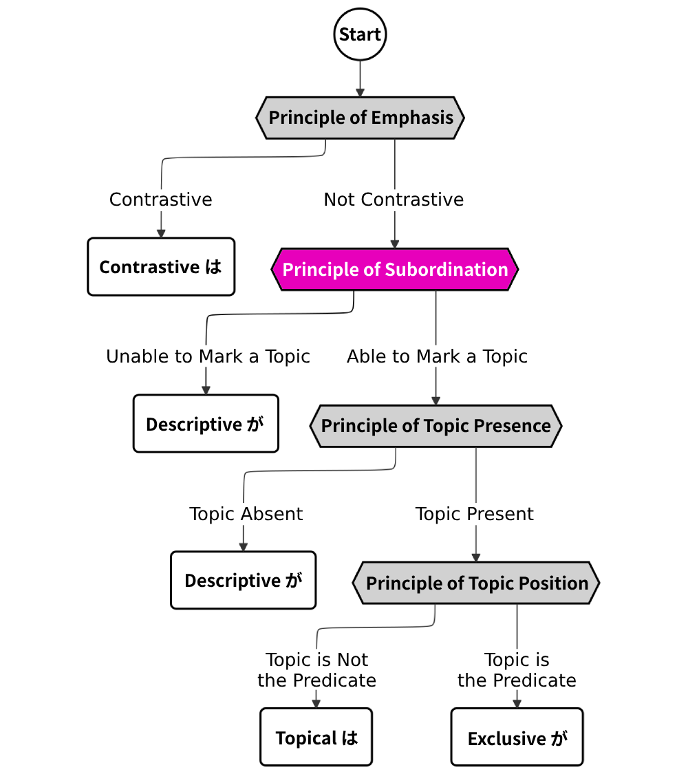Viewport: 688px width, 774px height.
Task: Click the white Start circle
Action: (x=360, y=34)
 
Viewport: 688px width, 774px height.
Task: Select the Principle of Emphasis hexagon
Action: (x=360, y=118)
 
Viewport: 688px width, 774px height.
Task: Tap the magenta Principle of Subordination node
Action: (x=394, y=269)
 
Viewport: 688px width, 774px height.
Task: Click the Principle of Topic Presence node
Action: (x=436, y=426)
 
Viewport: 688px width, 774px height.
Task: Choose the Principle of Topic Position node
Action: (x=476, y=583)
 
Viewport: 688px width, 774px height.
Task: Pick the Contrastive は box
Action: (x=161, y=267)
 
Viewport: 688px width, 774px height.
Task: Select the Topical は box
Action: (x=316, y=738)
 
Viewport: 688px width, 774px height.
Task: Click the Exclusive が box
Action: (x=517, y=738)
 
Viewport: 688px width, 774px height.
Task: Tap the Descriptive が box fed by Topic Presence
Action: (x=243, y=580)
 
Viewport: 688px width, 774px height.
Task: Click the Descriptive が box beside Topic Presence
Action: (x=206, y=424)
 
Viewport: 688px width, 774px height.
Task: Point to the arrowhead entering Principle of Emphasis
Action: (x=360, y=93)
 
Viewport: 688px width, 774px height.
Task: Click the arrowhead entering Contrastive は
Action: (x=161, y=234)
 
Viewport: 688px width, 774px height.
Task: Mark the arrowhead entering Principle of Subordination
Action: (x=394, y=244)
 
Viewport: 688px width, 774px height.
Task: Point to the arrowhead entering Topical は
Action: (x=316, y=703)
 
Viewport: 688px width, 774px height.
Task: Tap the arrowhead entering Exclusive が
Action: (x=517, y=703)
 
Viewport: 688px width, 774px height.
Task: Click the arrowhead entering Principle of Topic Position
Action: (x=475, y=557)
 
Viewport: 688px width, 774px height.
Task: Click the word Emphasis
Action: (x=412, y=118)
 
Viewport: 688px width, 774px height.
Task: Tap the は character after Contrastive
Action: (x=214, y=267)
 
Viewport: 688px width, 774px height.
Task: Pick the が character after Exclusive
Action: (x=558, y=738)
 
